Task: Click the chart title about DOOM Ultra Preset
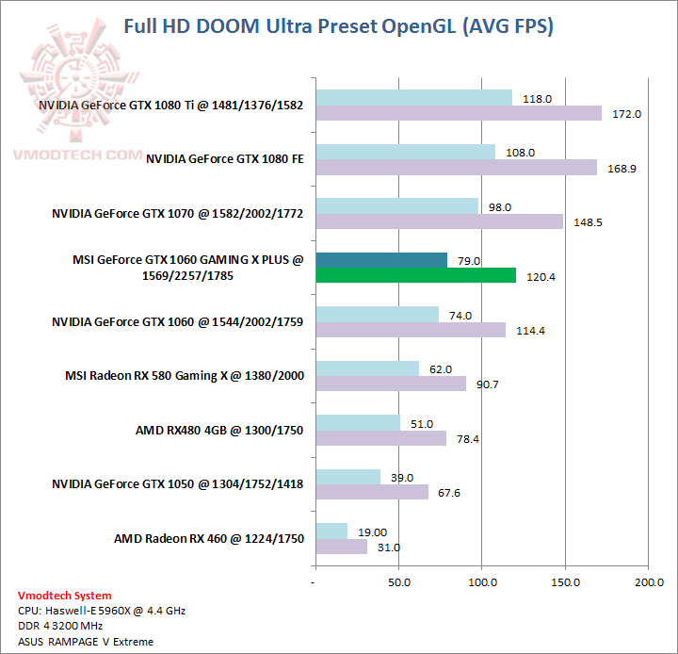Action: click(x=339, y=26)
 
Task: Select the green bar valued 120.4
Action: click(x=416, y=275)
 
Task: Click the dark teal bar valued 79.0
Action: click(x=381, y=260)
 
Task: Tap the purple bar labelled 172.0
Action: click(x=459, y=113)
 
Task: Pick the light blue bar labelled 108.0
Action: click(x=406, y=152)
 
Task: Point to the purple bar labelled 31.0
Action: click(x=342, y=547)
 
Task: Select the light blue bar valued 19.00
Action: click(x=332, y=531)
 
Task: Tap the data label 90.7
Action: click(x=488, y=384)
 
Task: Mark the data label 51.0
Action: click(x=422, y=423)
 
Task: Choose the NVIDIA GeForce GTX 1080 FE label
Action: click(x=224, y=159)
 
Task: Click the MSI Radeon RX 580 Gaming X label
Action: click(x=184, y=375)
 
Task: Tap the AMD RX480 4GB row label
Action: click(x=219, y=430)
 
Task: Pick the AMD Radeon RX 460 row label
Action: click(x=209, y=538)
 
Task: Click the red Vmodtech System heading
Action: click(x=64, y=596)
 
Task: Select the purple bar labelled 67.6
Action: click(x=373, y=492)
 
